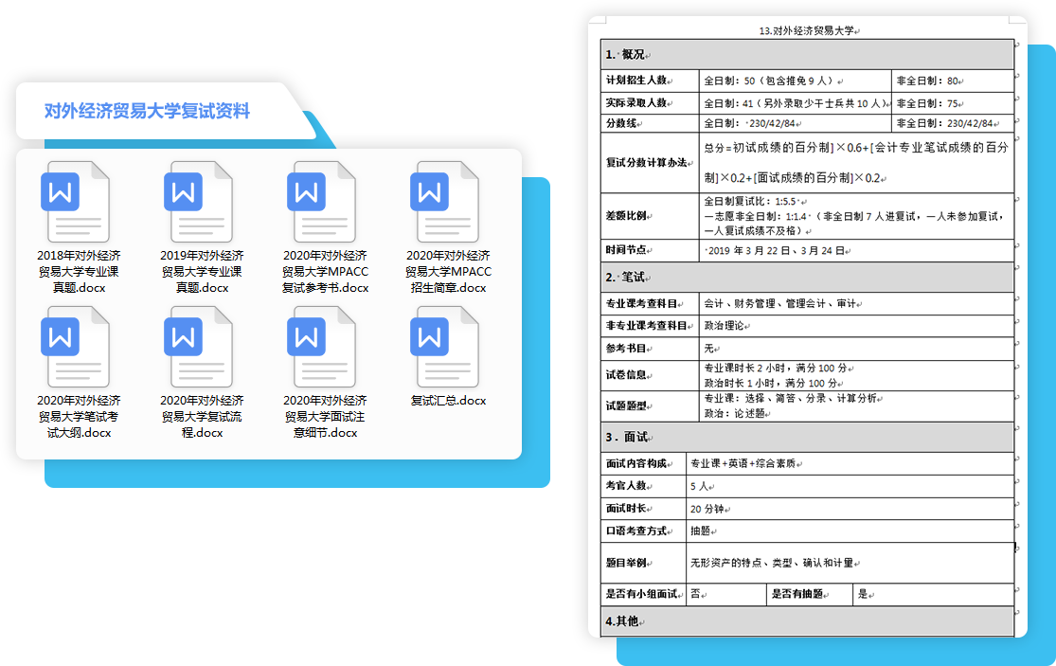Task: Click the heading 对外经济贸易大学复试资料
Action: [x=147, y=111]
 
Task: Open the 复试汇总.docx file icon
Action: [x=444, y=347]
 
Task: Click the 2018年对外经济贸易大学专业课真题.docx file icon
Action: [x=75, y=202]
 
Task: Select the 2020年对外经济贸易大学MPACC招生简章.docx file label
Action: [x=448, y=271]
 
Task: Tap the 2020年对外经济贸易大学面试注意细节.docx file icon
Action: [x=321, y=347]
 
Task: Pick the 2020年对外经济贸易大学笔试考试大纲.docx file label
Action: [x=79, y=416]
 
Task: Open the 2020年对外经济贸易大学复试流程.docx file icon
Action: [x=198, y=347]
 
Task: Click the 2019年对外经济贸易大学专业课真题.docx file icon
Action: [x=198, y=202]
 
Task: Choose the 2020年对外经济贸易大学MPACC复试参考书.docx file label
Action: [x=325, y=271]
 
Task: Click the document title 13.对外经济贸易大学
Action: [x=807, y=31]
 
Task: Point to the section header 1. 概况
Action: [x=625, y=55]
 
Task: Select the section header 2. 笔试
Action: [x=625, y=278]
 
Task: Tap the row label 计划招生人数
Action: [x=636, y=81]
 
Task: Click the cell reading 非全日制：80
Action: [x=927, y=81]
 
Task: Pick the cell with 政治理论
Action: [x=724, y=326]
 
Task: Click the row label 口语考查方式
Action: [x=636, y=531]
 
